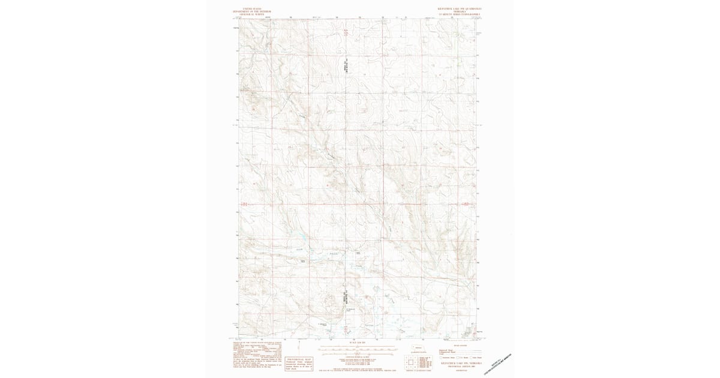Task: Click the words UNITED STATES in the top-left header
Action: [253, 8]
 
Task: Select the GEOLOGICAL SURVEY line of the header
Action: [253, 14]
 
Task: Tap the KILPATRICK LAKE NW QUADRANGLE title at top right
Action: [460, 8]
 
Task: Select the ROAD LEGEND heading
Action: [460, 345]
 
